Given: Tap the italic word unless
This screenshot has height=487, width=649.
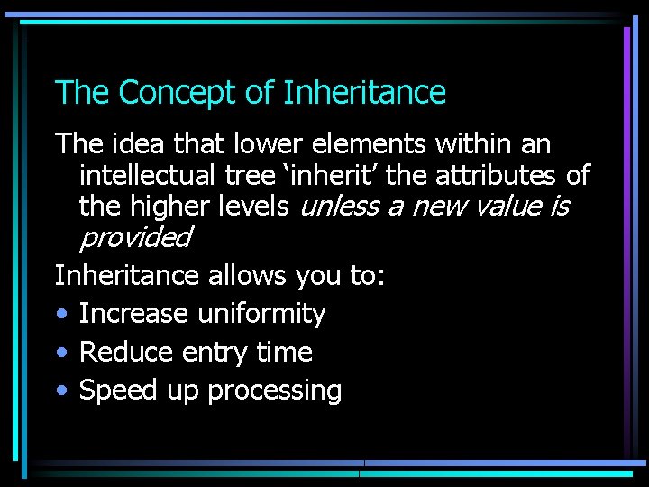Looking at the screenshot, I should [x=338, y=206].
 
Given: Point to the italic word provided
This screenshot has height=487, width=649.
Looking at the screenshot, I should [x=135, y=237].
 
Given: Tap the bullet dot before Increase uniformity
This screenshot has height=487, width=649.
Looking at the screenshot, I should [x=60, y=315].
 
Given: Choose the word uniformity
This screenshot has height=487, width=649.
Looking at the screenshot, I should [x=261, y=314].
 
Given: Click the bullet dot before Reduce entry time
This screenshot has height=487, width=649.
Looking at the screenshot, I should [x=60, y=353].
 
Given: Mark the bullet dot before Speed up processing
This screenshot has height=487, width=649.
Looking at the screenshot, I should [x=60, y=391].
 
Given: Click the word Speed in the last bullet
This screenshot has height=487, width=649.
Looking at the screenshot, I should [x=115, y=391].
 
